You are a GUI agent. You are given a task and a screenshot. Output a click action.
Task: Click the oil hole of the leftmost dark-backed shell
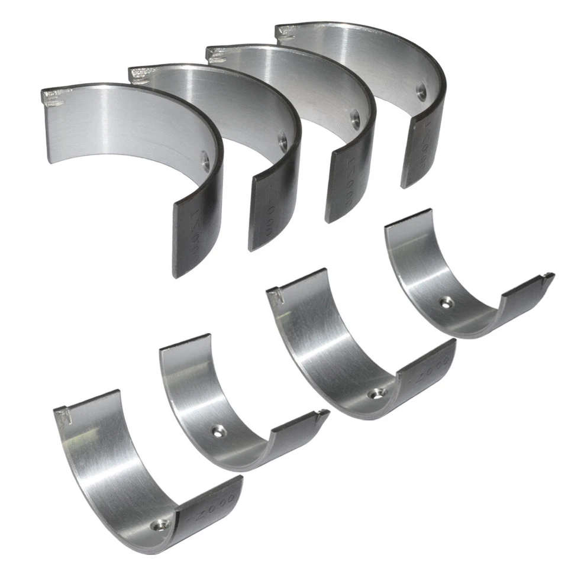point(205,160)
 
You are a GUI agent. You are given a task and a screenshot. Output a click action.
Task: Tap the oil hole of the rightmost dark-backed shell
point(421,91)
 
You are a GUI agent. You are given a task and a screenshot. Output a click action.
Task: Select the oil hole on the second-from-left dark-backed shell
point(282,140)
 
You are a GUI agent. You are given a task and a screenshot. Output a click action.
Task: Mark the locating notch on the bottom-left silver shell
point(66,414)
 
